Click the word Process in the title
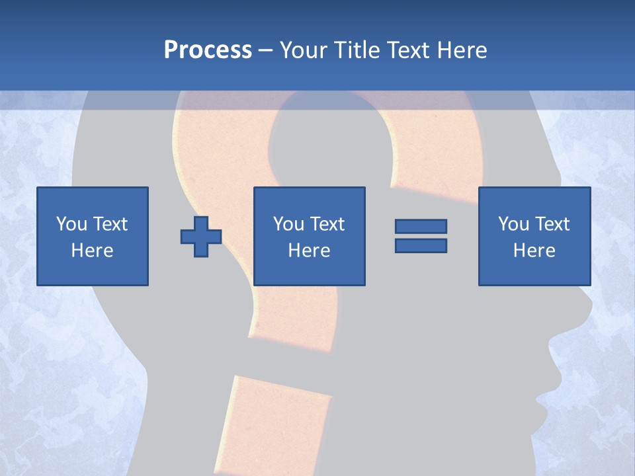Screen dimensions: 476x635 tap(208, 50)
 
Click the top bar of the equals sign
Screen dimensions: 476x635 tap(421, 227)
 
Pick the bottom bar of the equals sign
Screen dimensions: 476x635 tap(421, 245)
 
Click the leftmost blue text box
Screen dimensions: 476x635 tap(93, 236)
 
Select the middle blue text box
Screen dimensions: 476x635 tap(310, 236)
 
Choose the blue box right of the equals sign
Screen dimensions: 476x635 tap(534, 236)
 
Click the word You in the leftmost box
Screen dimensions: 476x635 tap(71, 224)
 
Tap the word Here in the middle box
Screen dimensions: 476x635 tap(310, 251)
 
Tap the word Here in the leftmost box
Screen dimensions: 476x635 tap(93, 251)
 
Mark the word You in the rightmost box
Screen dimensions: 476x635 tap(513, 224)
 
